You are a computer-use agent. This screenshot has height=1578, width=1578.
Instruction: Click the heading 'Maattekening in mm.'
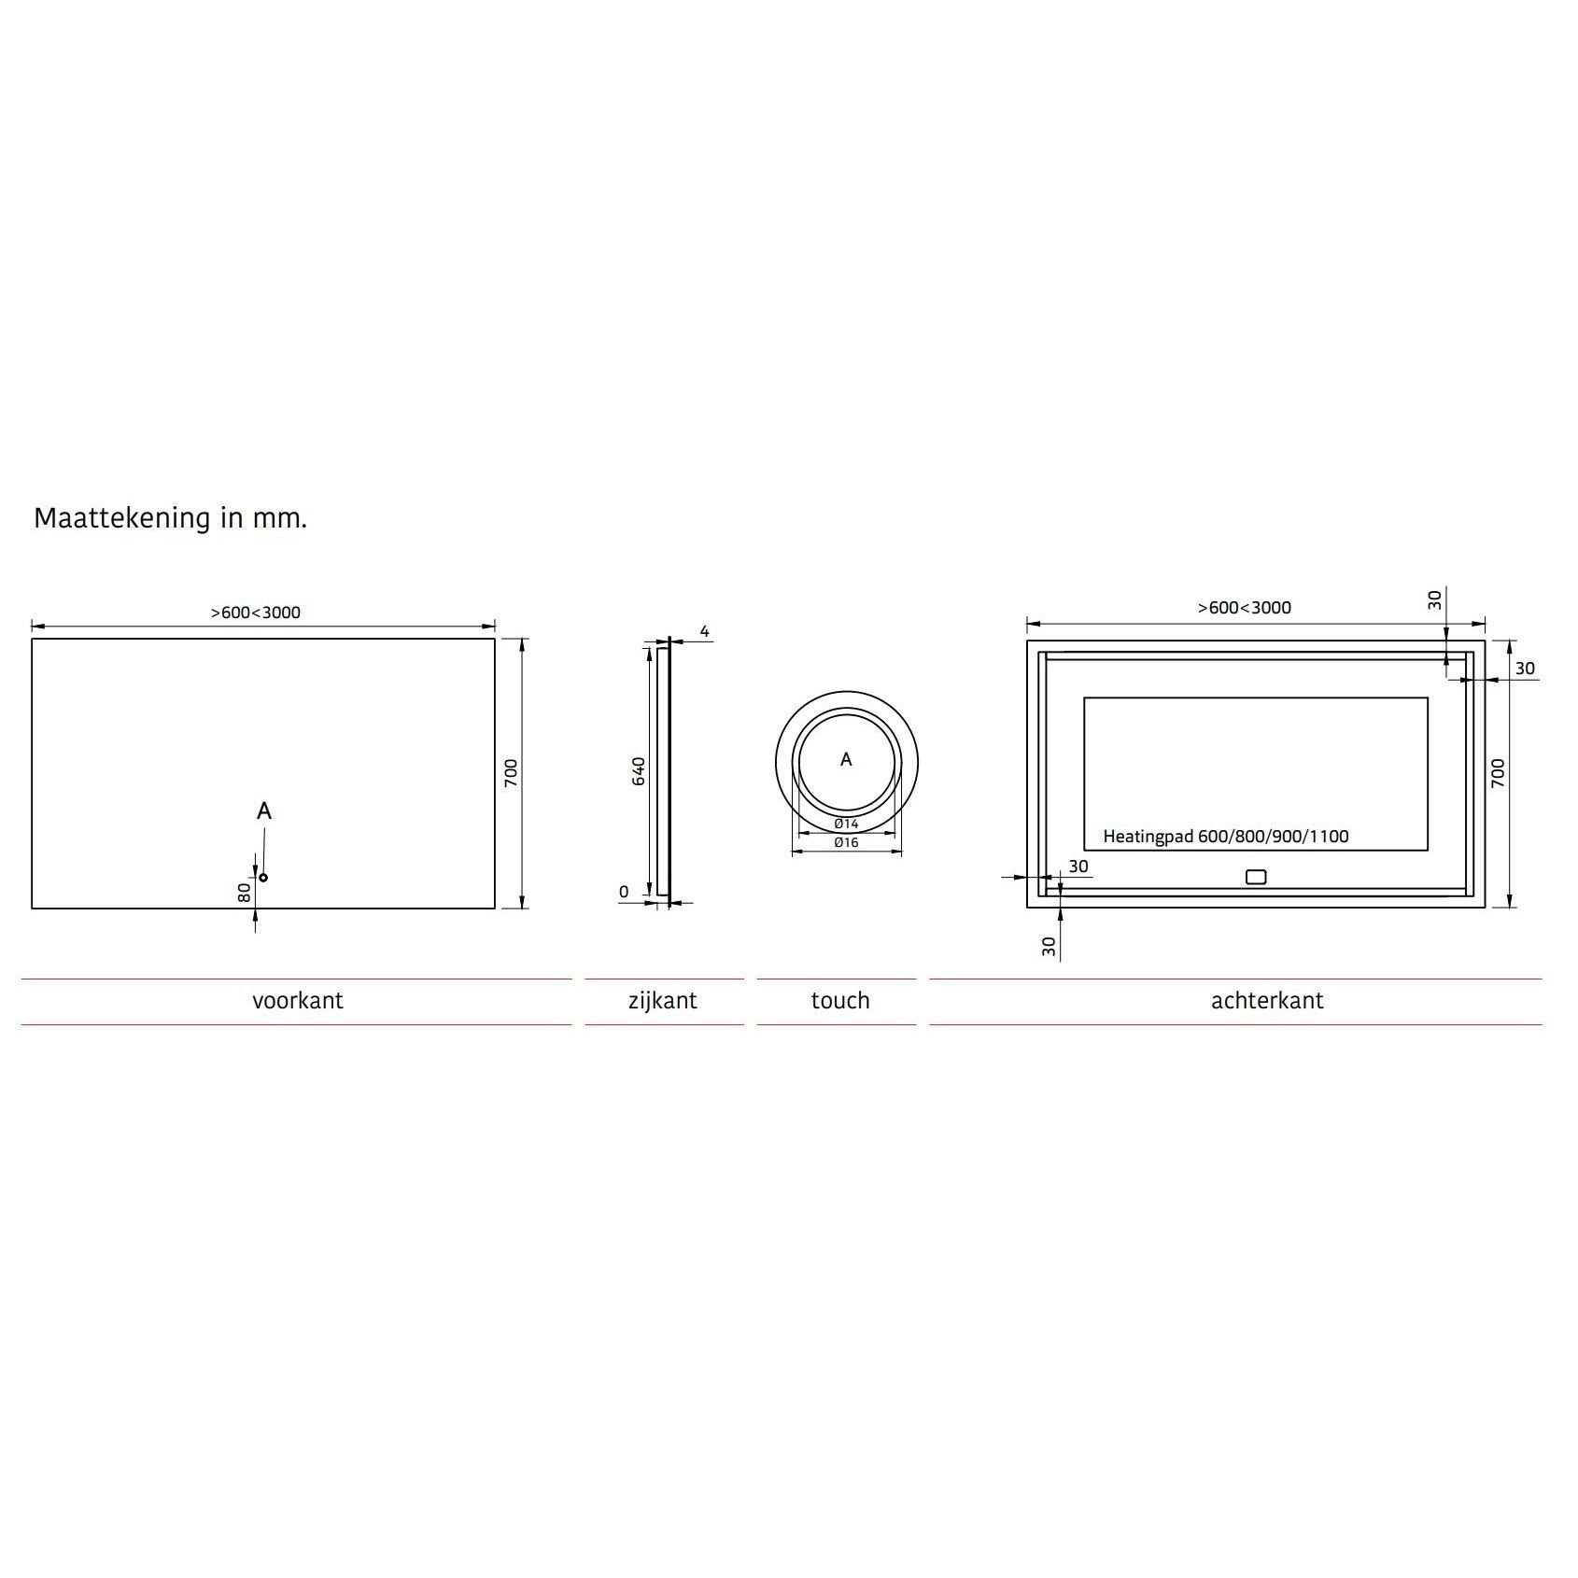click(x=170, y=518)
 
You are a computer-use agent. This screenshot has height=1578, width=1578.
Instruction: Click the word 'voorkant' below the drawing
click(x=297, y=1001)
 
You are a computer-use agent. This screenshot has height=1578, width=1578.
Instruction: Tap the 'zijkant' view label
click(x=663, y=1001)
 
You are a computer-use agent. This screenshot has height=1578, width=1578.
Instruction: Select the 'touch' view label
click(x=840, y=1001)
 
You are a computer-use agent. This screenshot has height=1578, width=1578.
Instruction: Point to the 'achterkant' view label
click(x=1267, y=1001)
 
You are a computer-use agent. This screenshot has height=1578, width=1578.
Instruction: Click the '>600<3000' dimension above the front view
click(x=255, y=613)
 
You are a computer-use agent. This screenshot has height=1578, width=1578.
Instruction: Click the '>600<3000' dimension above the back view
click(x=1245, y=608)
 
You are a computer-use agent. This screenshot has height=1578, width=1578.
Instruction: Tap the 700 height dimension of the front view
click(x=511, y=773)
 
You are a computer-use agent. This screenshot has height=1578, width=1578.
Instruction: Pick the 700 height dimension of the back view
click(x=1498, y=773)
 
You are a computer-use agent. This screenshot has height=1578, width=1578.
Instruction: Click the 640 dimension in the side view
click(x=639, y=770)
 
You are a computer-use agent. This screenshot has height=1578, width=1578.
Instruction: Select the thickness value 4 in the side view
click(x=705, y=632)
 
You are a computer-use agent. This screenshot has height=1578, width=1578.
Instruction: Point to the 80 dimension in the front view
click(x=244, y=893)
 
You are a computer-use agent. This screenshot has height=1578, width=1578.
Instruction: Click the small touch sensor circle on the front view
click(x=263, y=877)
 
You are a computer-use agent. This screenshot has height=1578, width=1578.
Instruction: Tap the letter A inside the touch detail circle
click(x=846, y=760)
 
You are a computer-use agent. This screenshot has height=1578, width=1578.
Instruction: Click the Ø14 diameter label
click(x=846, y=824)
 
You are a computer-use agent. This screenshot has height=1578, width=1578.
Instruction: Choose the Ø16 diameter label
click(x=846, y=842)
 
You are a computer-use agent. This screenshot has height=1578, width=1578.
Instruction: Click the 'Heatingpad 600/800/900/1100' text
click(x=1225, y=837)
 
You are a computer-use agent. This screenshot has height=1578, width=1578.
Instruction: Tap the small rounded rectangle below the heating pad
click(x=1256, y=877)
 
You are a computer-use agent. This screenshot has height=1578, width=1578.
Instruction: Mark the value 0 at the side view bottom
click(x=624, y=892)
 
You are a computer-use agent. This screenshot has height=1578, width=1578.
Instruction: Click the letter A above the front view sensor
click(x=264, y=811)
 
